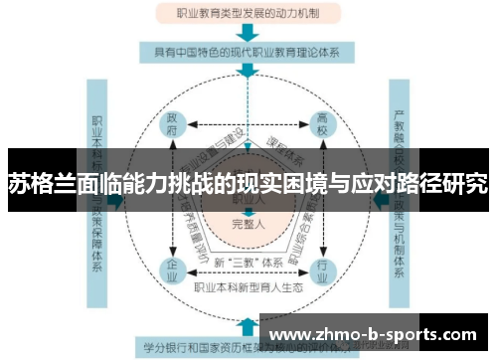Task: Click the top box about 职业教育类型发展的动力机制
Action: coord(248,14)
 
